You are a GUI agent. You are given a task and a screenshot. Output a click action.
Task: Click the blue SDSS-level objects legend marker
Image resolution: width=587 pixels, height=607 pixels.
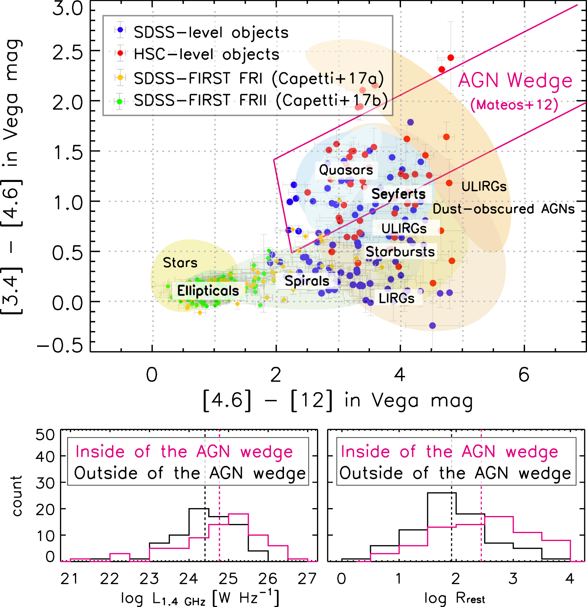click(120, 30)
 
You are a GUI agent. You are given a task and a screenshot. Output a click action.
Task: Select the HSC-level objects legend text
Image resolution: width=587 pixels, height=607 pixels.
click(207, 55)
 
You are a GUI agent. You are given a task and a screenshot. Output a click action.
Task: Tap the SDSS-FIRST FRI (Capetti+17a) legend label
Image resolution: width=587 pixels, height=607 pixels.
click(259, 78)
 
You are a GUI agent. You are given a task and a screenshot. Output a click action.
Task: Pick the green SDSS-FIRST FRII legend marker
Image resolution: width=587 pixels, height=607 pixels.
click(119, 102)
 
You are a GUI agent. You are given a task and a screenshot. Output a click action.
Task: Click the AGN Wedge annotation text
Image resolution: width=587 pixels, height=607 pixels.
click(515, 81)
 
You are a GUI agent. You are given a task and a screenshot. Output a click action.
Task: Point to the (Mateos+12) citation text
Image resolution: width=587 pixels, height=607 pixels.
click(514, 105)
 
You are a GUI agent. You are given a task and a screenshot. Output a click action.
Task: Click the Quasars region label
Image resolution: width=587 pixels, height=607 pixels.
click(346, 170)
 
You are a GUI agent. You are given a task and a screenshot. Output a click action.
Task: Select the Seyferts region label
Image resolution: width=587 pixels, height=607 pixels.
click(398, 194)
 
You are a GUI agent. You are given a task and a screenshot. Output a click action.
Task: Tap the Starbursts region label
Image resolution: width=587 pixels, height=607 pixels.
click(400, 252)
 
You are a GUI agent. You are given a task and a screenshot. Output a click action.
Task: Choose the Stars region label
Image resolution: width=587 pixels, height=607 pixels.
click(180, 263)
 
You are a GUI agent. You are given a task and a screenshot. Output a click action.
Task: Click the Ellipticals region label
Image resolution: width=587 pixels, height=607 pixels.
click(208, 291)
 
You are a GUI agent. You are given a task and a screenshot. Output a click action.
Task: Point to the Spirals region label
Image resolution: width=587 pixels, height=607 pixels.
click(307, 281)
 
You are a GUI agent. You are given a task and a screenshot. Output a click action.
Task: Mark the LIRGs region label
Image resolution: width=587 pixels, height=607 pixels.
click(397, 298)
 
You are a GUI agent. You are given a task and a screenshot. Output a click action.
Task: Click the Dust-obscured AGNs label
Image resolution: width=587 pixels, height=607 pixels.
click(504, 209)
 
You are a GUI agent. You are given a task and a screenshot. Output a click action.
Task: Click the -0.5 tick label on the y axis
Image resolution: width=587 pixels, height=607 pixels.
click(60, 345)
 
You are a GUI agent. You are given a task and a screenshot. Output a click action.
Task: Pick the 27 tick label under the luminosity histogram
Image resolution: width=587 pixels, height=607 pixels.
click(307, 579)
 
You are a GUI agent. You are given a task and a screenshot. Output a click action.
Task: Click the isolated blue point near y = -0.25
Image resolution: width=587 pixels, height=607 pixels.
click(432, 326)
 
